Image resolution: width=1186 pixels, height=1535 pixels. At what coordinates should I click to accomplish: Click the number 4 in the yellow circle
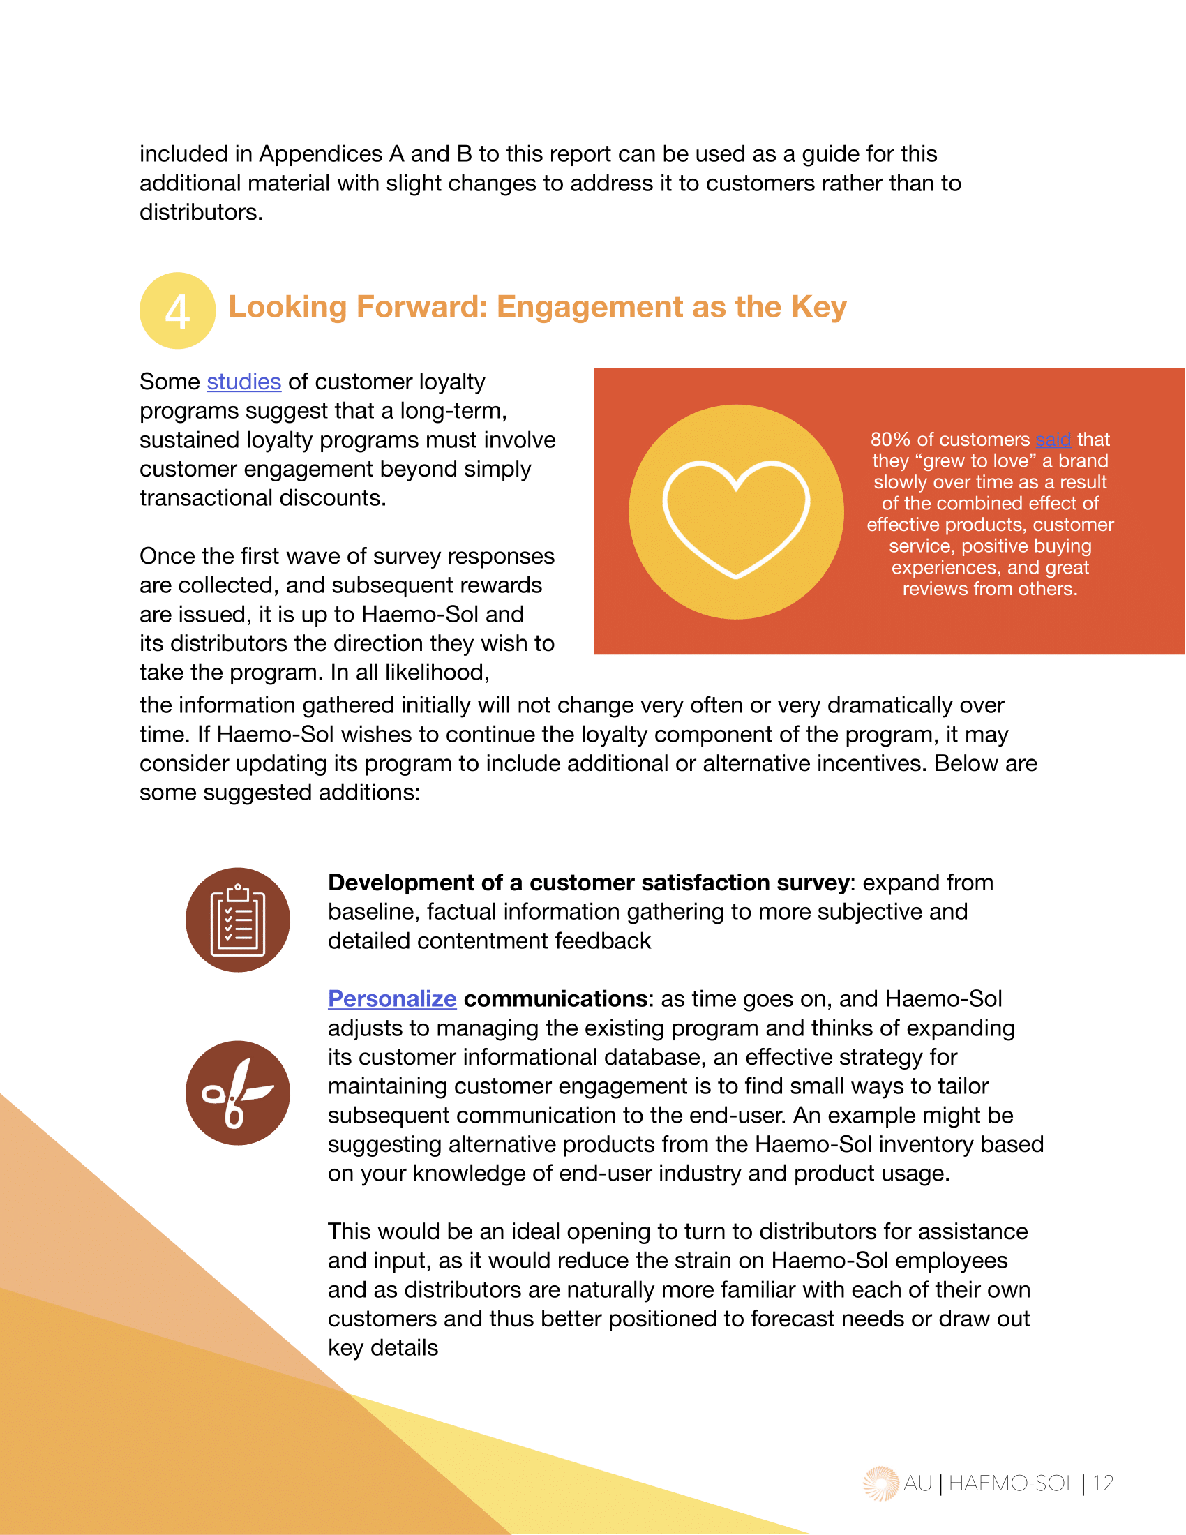point(177,312)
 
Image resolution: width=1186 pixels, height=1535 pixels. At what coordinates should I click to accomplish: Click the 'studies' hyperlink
point(243,382)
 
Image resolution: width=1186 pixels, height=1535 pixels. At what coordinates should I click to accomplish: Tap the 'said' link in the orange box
point(1053,440)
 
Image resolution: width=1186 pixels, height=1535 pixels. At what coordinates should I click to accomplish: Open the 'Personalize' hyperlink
point(392,998)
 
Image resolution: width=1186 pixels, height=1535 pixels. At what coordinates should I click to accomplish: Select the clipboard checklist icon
point(237,920)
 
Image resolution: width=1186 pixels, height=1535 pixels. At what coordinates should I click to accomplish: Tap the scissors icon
point(237,1093)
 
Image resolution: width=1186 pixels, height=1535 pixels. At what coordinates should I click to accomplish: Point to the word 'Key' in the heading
point(818,308)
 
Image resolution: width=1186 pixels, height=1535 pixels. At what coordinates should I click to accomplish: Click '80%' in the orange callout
point(890,440)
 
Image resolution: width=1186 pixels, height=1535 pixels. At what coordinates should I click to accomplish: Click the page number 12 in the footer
point(1103,1483)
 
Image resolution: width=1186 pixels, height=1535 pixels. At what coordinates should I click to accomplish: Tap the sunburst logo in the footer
point(880,1483)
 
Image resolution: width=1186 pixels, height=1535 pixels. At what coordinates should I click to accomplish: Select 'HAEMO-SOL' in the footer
point(1012,1483)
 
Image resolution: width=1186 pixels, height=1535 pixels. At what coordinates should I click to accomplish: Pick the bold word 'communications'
point(555,998)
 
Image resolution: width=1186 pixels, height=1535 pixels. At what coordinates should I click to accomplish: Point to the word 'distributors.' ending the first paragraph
point(201,212)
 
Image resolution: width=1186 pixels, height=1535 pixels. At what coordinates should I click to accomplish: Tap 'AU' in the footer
point(917,1483)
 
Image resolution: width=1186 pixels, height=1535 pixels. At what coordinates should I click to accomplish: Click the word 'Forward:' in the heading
point(421,308)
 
